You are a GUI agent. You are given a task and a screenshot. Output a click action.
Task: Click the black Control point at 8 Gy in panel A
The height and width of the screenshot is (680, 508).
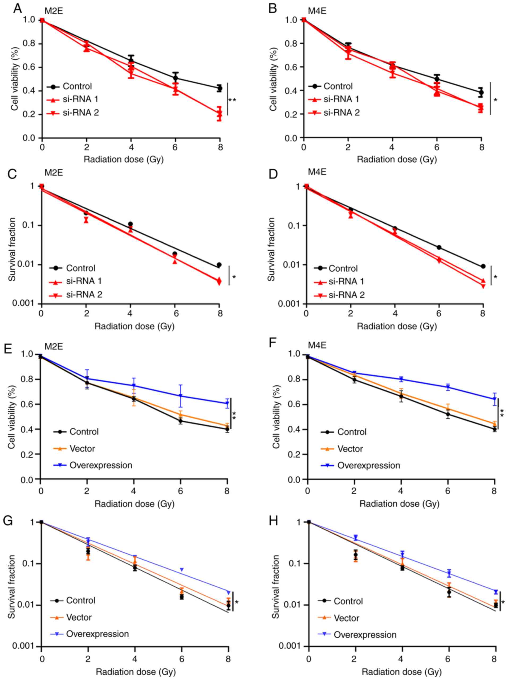pyautogui.click(x=219, y=88)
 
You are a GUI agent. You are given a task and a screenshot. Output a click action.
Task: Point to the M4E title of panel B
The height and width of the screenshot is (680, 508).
pyautogui.click(x=317, y=11)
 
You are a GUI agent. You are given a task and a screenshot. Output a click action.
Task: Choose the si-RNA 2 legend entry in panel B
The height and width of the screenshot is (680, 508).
pyautogui.click(x=341, y=113)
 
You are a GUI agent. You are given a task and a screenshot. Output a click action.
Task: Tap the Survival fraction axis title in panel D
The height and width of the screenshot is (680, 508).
pyautogui.click(x=271, y=249)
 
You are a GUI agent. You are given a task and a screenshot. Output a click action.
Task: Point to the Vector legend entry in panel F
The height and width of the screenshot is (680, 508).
pyautogui.click(x=350, y=449)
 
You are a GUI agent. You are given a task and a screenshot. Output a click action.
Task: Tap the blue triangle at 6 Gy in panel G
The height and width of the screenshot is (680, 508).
pyautogui.click(x=182, y=569)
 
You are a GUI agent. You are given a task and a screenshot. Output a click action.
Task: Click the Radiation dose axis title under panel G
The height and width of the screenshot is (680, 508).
pyautogui.click(x=136, y=672)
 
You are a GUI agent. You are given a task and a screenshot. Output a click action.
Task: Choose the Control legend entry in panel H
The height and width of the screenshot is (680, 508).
pyautogui.click(x=348, y=601)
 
